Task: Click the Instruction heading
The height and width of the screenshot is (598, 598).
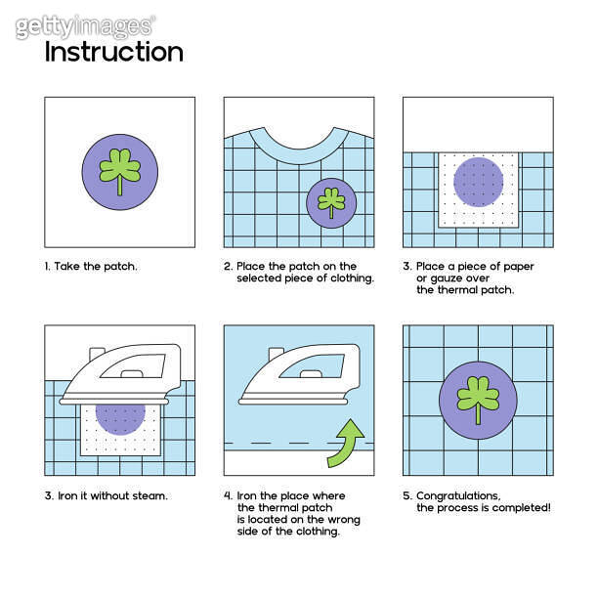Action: (x=113, y=52)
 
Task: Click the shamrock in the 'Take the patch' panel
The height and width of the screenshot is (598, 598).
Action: (x=119, y=169)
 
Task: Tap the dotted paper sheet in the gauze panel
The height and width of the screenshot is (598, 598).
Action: (x=479, y=190)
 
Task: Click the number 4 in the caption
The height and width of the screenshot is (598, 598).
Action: (x=228, y=495)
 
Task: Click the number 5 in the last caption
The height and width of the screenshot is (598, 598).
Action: (x=406, y=495)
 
